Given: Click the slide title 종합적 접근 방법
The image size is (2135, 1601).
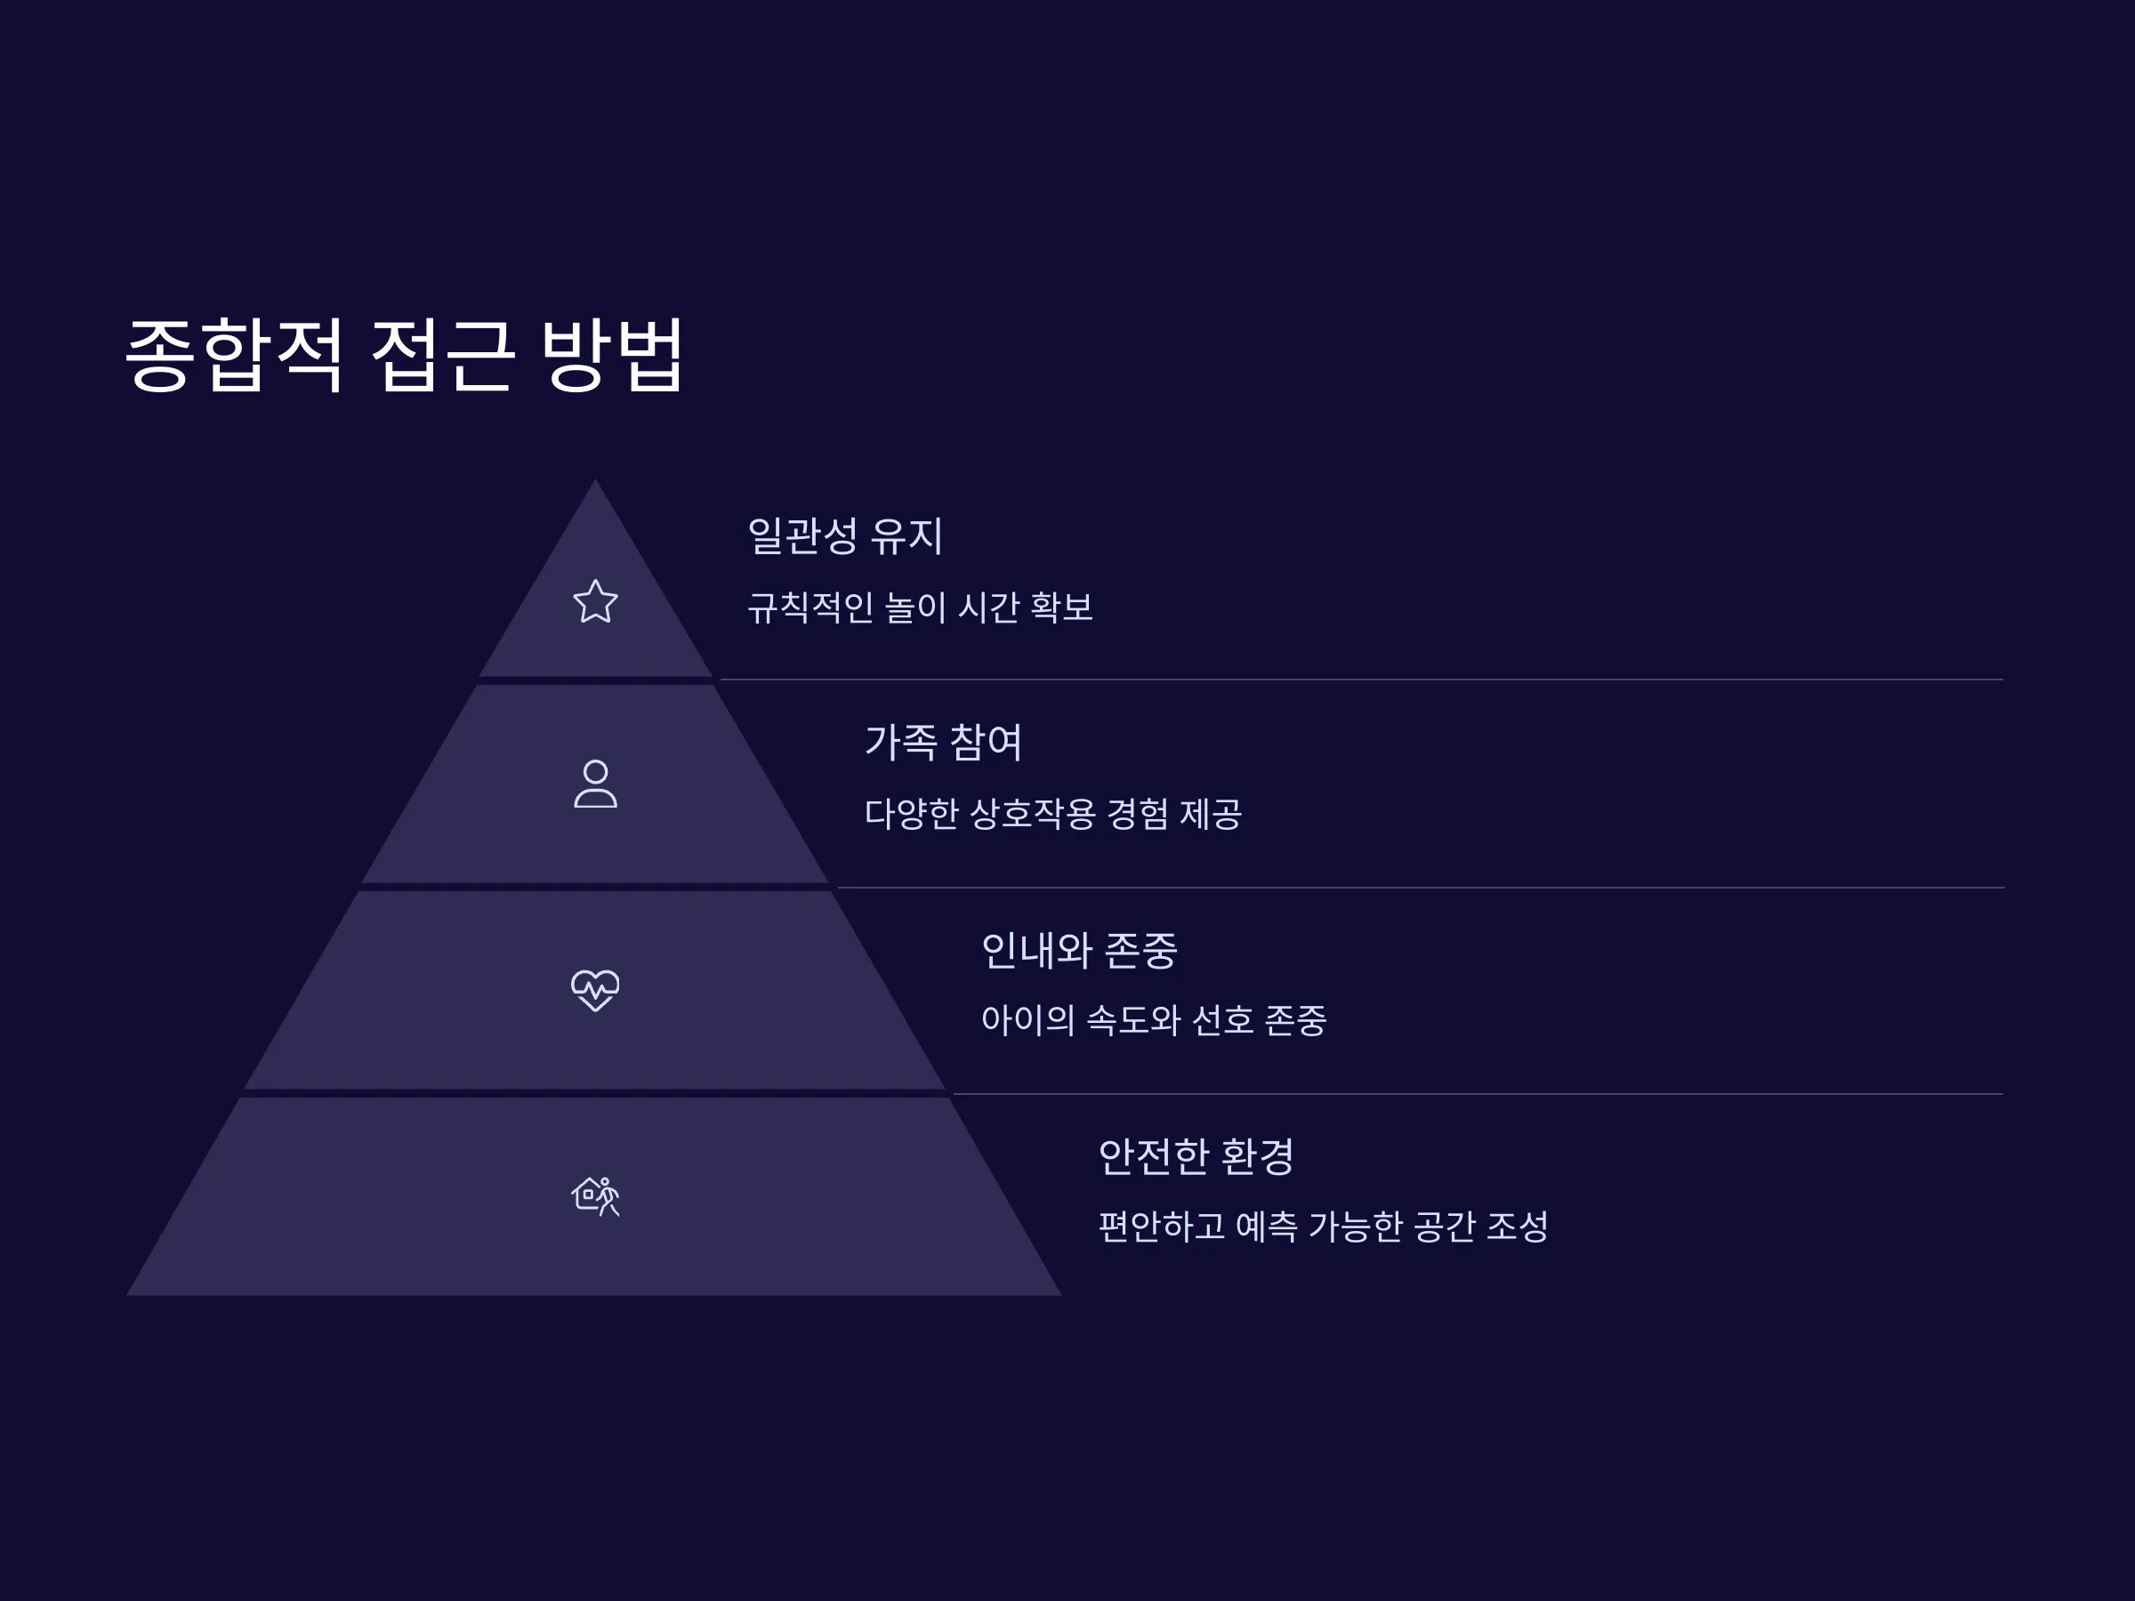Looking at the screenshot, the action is tap(405, 354).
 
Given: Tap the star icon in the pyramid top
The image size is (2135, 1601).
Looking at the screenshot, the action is tap(595, 601).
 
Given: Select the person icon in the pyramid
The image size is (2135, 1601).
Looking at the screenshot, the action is tap(595, 784).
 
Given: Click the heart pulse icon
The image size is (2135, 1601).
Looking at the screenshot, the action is tap(595, 990).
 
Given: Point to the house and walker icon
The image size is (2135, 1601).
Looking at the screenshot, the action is tap(595, 1196).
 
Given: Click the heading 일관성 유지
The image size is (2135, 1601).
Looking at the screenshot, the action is tap(845, 535).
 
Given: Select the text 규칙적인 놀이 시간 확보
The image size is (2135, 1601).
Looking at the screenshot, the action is tap(921, 607).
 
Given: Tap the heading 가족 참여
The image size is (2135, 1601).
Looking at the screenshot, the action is tap(943, 742).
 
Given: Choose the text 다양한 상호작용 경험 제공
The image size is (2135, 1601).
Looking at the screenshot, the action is tap(1053, 814).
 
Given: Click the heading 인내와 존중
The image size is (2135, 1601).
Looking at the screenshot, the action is tap(1079, 950).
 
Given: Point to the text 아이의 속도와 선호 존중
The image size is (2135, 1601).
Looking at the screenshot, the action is tap(1155, 1020).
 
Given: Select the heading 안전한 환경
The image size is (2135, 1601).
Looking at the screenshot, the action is tap(1196, 1156).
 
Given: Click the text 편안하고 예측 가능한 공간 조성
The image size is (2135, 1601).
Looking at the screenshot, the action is tap(1324, 1227).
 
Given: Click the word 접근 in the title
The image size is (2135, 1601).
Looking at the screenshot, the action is tap(441, 354).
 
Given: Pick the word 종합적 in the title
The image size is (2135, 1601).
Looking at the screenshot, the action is tap(235, 354).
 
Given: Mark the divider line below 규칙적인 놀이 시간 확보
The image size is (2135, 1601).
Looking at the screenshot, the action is tap(1362, 680).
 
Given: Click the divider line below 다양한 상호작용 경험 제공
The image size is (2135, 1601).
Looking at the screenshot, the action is tap(1421, 887).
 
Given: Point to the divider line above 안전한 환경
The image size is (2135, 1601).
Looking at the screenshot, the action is tap(1478, 1093).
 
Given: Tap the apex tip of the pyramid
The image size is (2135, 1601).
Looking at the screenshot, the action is tap(595, 479).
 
